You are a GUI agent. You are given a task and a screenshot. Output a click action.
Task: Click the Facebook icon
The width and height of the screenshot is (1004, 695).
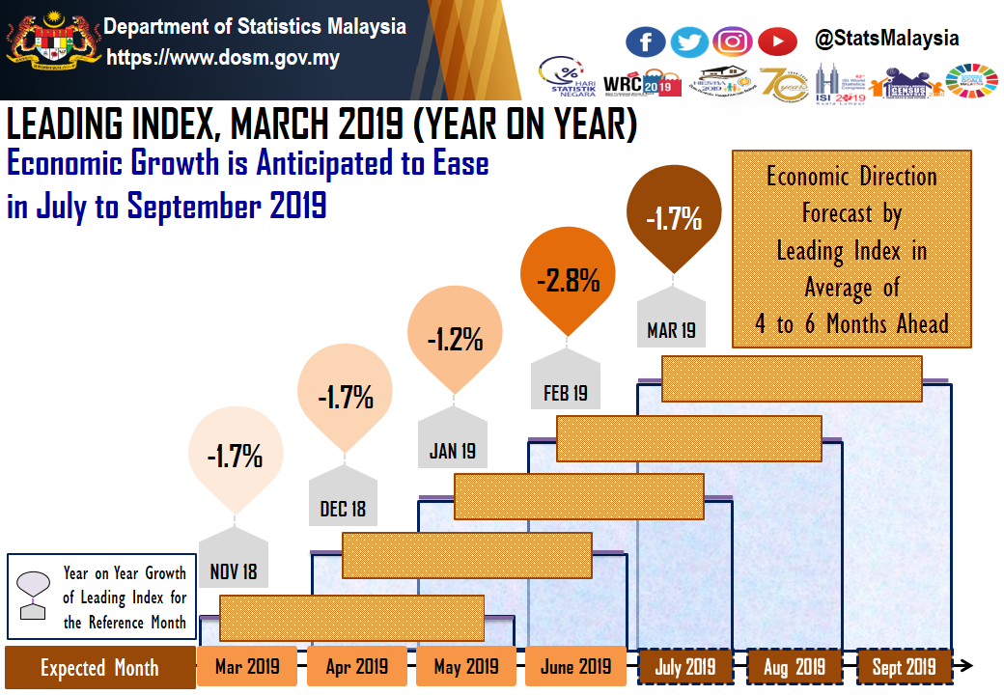tap(646, 42)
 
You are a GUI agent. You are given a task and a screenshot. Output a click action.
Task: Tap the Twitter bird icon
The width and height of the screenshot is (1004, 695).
tap(689, 42)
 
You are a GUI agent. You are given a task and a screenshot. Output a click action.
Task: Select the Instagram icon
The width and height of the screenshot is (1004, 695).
tap(733, 42)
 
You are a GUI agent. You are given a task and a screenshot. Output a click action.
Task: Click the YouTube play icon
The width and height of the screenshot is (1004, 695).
tap(777, 42)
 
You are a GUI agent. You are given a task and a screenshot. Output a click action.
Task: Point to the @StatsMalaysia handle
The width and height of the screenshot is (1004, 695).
tap(887, 39)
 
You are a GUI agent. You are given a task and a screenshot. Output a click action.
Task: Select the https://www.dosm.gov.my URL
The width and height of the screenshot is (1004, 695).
tap(223, 58)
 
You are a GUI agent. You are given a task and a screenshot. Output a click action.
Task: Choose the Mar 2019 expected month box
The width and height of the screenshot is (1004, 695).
tap(247, 666)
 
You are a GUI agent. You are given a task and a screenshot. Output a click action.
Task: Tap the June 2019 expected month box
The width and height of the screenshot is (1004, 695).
tap(576, 666)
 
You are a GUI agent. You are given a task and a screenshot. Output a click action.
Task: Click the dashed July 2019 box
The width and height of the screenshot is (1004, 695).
tap(685, 666)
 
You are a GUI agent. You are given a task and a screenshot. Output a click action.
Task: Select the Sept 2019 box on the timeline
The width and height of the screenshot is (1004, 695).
tap(905, 666)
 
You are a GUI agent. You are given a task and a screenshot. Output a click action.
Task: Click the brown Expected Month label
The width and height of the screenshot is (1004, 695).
tap(98, 668)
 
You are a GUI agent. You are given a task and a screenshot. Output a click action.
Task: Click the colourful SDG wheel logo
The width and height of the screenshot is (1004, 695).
tap(971, 82)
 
